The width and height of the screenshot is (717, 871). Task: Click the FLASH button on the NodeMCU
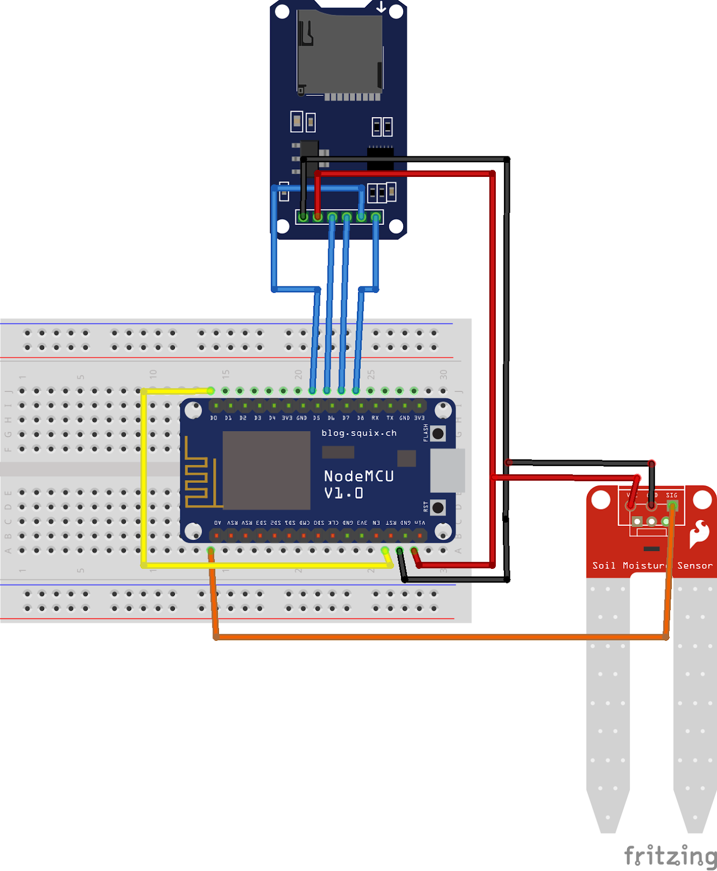(x=438, y=434)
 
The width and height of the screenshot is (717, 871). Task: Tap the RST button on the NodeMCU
(x=438, y=508)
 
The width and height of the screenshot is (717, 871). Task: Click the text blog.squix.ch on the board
(x=359, y=433)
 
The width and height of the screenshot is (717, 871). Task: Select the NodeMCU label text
(x=358, y=476)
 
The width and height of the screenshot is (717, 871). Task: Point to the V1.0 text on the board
(x=343, y=494)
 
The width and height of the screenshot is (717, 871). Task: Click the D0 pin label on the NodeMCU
(x=214, y=418)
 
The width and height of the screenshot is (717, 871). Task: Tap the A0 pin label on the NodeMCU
(x=217, y=523)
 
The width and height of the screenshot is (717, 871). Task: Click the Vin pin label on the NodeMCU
(x=420, y=523)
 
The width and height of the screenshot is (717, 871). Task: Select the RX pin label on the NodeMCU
(x=375, y=418)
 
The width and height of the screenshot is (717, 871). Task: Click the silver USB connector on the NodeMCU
(x=447, y=470)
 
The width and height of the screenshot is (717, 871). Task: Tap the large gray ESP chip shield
(x=266, y=470)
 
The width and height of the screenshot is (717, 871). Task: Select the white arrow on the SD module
(x=381, y=7)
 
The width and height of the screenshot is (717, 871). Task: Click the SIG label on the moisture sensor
(x=672, y=495)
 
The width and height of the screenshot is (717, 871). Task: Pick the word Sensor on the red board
(x=695, y=566)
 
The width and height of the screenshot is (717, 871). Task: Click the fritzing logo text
(x=670, y=856)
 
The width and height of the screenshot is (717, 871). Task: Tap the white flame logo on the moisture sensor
(x=699, y=533)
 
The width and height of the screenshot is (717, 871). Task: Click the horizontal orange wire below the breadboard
(x=436, y=636)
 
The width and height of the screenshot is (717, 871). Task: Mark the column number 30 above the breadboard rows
(x=443, y=375)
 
